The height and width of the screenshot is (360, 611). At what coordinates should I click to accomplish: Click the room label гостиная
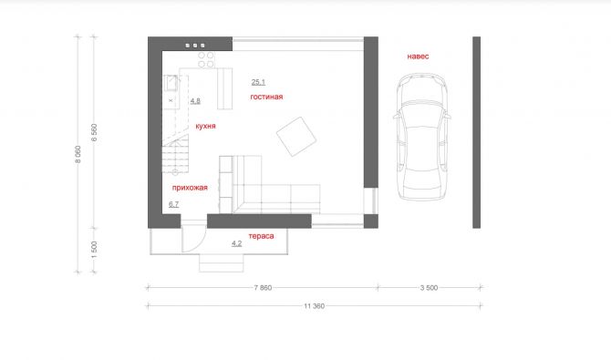click(266, 97)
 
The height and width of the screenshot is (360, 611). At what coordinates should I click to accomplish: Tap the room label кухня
click(205, 126)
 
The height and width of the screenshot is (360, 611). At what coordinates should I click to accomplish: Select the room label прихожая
click(190, 188)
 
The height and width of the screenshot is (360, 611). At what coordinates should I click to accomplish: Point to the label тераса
click(261, 236)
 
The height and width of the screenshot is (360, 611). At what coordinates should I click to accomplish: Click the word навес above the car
click(418, 57)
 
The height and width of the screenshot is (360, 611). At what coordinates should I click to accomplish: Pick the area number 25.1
click(258, 82)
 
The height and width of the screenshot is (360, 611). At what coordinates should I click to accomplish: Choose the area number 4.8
click(195, 101)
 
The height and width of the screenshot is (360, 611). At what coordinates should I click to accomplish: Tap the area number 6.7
click(174, 204)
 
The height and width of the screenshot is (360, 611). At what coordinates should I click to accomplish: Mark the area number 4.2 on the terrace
click(236, 243)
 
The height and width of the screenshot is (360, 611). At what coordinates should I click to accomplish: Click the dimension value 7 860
click(263, 288)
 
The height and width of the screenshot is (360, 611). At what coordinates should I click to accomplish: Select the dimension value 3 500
click(429, 288)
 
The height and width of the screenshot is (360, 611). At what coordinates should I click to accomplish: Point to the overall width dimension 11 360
click(314, 306)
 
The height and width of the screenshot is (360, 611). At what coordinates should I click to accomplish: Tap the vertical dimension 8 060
click(78, 154)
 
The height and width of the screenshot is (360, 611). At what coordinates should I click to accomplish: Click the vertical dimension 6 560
click(94, 132)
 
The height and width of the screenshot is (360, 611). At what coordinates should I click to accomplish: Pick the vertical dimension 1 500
click(94, 250)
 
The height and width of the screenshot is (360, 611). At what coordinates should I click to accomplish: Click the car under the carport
click(422, 137)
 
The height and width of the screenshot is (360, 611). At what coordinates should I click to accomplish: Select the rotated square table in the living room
click(296, 137)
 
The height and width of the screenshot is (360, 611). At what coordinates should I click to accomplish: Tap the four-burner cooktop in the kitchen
click(206, 59)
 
